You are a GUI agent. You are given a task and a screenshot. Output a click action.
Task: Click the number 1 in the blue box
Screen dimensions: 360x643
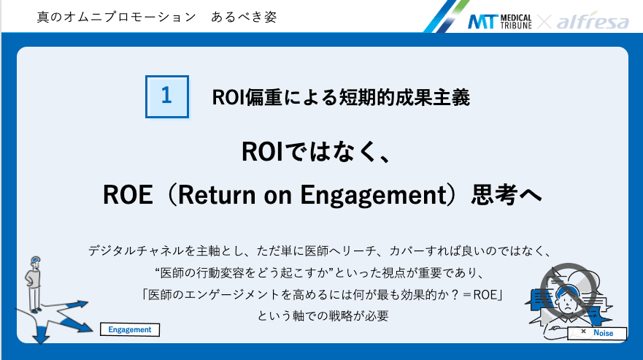(x=167, y=96)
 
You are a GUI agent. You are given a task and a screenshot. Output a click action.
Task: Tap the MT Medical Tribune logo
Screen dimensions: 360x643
(x=500, y=21)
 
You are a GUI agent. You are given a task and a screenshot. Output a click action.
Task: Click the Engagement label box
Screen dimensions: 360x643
(x=129, y=329)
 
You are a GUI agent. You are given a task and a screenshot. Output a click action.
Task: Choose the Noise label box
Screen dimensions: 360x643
(x=597, y=333)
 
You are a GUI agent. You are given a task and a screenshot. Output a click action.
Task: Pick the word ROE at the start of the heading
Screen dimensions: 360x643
(x=126, y=196)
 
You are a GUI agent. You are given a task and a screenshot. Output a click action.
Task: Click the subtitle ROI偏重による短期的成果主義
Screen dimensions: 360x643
(x=341, y=96)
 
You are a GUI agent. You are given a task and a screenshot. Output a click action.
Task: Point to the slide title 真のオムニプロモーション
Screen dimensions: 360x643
(x=105, y=16)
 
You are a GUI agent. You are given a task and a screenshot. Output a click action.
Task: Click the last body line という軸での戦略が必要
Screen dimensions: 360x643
(x=322, y=316)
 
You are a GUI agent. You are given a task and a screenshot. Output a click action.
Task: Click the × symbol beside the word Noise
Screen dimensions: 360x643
(x=583, y=332)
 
